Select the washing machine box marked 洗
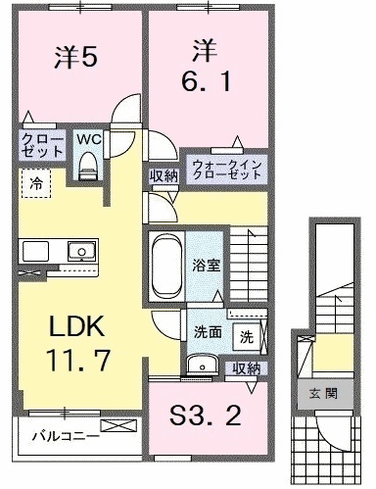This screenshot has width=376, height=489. pyautogui.click(x=247, y=333)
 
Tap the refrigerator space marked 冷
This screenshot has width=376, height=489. pyautogui.click(x=35, y=183)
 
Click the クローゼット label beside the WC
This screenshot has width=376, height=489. pyautogui.click(x=41, y=146)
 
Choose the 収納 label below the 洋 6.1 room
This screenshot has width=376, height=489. pyautogui.click(x=163, y=176)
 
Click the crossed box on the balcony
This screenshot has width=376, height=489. pyautogui.click(x=125, y=427)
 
